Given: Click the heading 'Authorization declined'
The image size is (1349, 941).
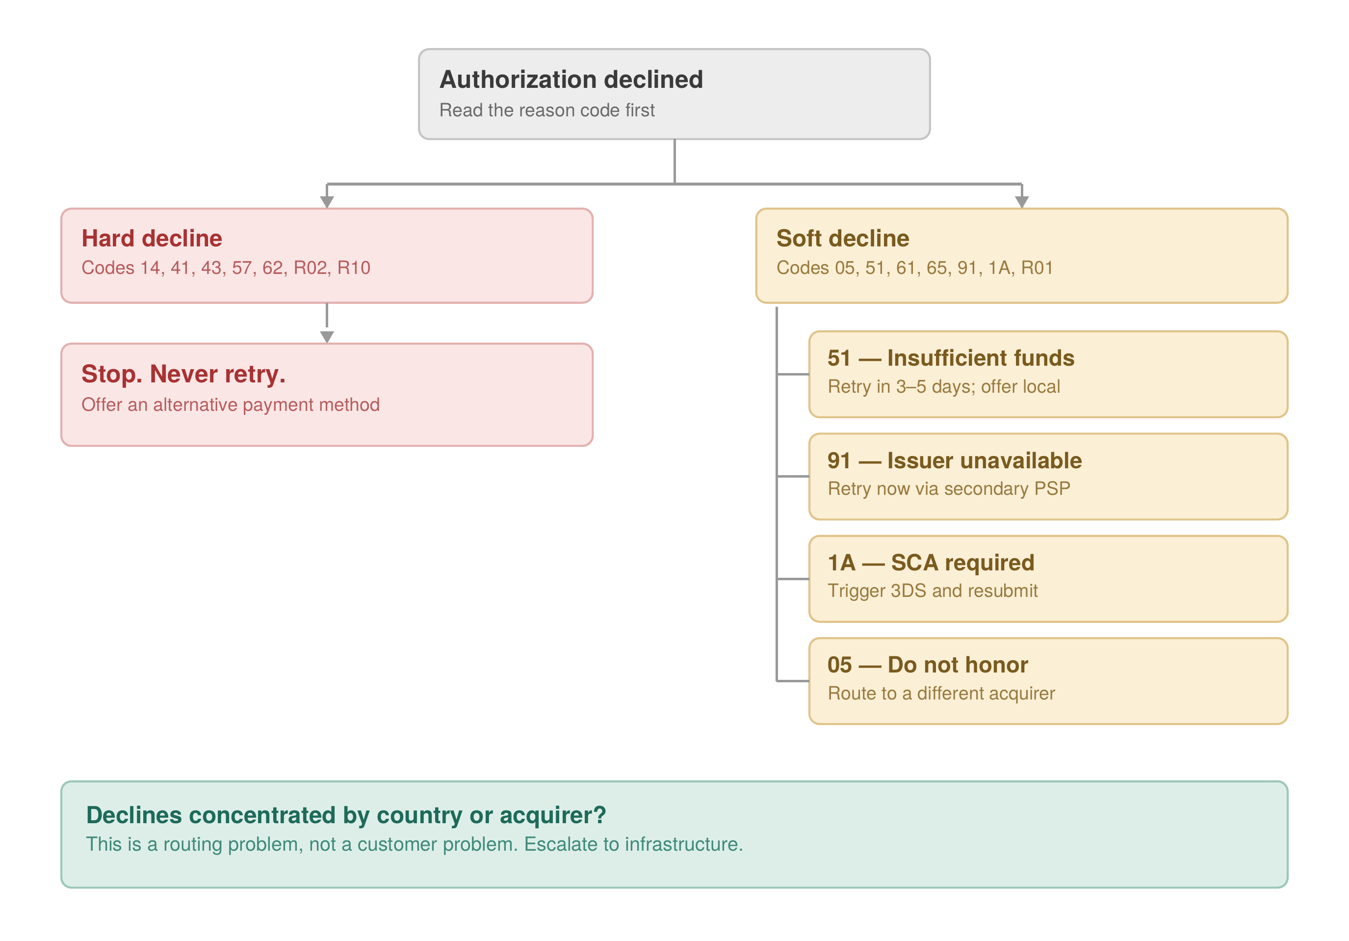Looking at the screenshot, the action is tap(571, 80).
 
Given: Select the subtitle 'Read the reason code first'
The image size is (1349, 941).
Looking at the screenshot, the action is tap(547, 110).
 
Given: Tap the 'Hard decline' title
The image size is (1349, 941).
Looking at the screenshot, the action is tap(152, 239).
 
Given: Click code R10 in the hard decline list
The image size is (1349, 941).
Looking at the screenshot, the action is tap(354, 268).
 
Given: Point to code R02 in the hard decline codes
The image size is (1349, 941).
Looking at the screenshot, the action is tap(310, 268).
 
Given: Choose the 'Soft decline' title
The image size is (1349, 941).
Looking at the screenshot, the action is tap(843, 239).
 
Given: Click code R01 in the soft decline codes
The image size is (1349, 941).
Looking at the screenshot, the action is tap(1037, 268).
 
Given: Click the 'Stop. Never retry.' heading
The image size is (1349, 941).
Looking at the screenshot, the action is tap(183, 375).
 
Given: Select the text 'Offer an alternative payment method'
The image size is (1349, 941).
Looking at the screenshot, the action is tap(231, 405).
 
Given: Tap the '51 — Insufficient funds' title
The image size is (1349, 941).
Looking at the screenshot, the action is tap(951, 358).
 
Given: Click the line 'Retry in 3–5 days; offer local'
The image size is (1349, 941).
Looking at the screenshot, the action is tap(944, 387).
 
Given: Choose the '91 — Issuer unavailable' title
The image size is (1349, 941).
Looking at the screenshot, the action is tap(954, 461).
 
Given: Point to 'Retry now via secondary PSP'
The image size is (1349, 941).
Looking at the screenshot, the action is tap(949, 489).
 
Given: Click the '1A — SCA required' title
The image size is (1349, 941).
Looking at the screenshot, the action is tap(931, 563).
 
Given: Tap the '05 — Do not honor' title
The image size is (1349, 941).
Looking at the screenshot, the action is tap(928, 665).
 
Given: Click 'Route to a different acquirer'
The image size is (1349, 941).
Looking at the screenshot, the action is tap(941, 694).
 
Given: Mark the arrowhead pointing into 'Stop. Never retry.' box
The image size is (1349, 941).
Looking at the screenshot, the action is tap(327, 337).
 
